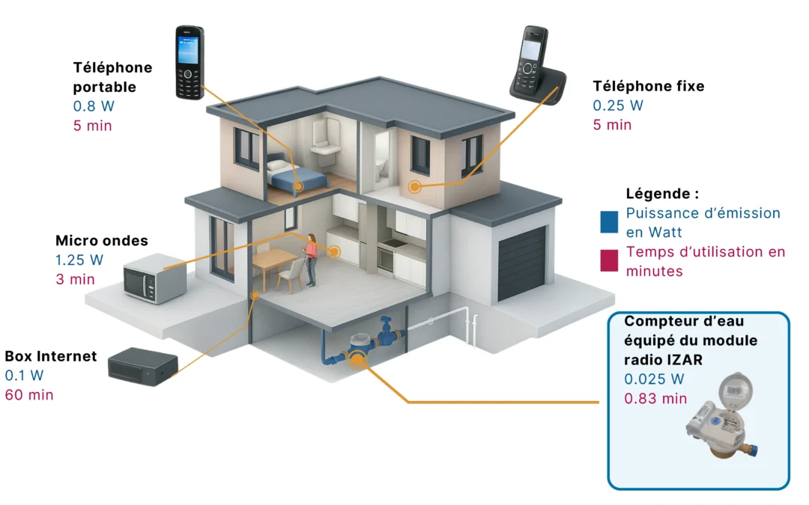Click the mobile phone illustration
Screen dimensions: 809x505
(x=190, y=62)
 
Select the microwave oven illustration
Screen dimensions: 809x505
(x=155, y=278)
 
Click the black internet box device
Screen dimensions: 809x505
(x=143, y=367)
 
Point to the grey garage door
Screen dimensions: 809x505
(x=521, y=263)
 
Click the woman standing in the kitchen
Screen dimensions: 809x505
(x=311, y=259)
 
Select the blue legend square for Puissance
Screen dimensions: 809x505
(x=609, y=222)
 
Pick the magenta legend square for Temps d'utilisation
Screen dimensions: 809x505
(x=609, y=261)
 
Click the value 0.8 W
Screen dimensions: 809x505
(x=94, y=106)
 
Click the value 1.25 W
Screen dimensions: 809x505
(x=79, y=260)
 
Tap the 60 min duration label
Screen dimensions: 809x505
(x=29, y=395)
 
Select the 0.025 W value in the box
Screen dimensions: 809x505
(x=654, y=379)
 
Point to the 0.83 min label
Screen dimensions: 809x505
(x=655, y=398)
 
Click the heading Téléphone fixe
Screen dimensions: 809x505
(x=648, y=86)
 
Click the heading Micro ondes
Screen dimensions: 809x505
(x=102, y=241)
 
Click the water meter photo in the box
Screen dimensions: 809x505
(x=722, y=416)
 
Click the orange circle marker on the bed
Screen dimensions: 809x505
(x=298, y=186)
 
